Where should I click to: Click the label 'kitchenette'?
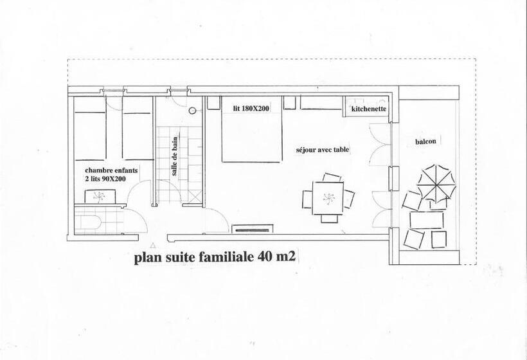[369, 110]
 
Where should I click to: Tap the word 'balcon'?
[422, 142]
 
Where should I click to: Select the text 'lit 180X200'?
[251, 109]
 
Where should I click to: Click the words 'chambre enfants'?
[111, 171]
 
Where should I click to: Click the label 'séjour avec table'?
[322, 149]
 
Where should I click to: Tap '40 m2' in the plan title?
[276, 258]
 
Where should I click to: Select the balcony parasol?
[436, 183]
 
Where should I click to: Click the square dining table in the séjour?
[328, 197]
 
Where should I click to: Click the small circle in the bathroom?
[192, 110]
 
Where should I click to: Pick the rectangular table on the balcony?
[427, 220]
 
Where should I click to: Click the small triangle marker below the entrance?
[152, 246]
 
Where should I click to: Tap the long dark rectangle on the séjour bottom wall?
[252, 228]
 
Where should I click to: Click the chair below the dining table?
[328, 218]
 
